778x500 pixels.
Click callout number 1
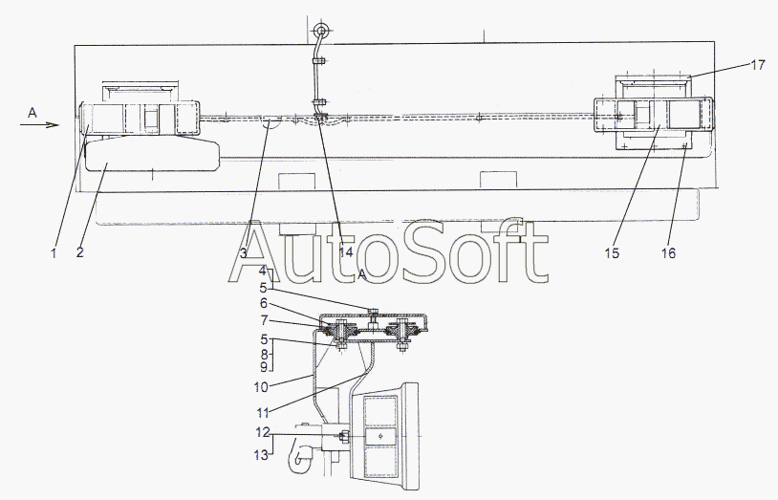[54, 252]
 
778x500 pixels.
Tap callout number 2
[80, 252]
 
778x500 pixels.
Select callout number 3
[243, 253]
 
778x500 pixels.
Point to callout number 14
[346, 252]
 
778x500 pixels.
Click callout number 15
[612, 253]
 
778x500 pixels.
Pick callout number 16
[668, 253]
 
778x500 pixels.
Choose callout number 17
[758, 65]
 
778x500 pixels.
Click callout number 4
[263, 272]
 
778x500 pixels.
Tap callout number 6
[264, 303]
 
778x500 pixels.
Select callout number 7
[264, 320]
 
